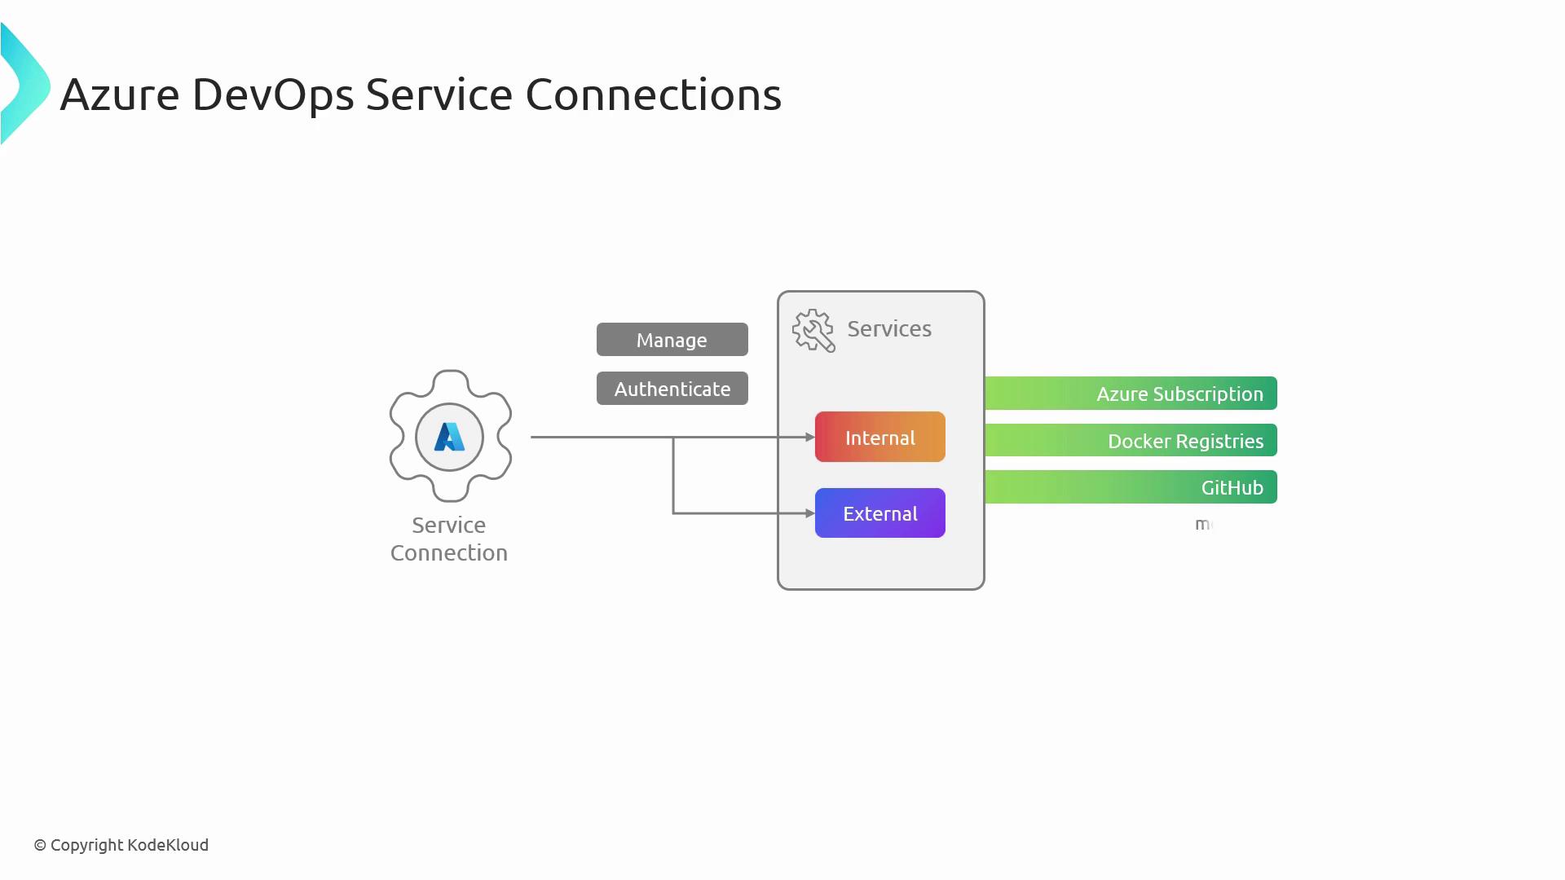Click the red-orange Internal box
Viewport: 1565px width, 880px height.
[879, 437]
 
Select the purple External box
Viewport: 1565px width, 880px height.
[879, 513]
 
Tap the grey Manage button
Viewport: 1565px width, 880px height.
[672, 340]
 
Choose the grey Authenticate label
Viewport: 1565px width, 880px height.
[672, 389]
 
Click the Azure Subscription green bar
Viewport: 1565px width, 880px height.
[1131, 394]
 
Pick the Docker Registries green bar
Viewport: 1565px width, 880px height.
[1131, 441]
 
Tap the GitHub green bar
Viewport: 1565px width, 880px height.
[1131, 487]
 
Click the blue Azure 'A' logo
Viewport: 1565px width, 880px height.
[449, 438]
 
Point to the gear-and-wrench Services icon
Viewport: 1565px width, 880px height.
[813, 330]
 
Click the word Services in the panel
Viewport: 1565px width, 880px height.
[888, 328]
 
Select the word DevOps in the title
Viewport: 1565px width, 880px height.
[273, 95]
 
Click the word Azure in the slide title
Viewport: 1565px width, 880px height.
[119, 95]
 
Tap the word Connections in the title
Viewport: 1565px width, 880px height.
[653, 95]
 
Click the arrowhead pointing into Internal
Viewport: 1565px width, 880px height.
[810, 438]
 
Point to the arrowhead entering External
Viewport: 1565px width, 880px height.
[810, 513]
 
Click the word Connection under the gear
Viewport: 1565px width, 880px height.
[449, 552]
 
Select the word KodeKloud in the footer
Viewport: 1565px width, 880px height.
[168, 845]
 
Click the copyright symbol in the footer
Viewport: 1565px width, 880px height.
[40, 846]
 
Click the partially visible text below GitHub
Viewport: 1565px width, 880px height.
[1204, 525]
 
